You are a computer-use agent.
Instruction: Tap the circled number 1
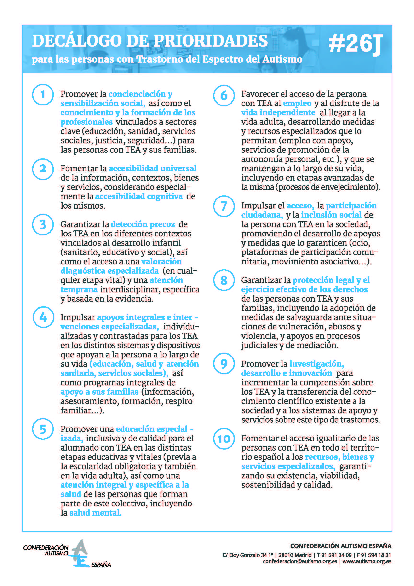pos(43,94)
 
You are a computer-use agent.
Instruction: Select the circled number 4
pos(43,317)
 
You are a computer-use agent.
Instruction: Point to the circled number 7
pos(224,206)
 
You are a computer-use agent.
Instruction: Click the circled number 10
pos(224,439)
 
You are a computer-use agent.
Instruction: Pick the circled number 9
pos(224,364)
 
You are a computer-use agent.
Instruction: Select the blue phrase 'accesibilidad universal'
pos(152,169)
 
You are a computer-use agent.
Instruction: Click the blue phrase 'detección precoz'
pos(143,224)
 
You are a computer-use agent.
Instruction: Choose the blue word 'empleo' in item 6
pos(297,103)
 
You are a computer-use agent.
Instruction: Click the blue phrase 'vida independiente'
pos(278,112)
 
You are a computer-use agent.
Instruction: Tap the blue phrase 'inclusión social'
pos(331,215)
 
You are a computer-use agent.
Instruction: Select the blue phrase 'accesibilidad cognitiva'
pos(139,196)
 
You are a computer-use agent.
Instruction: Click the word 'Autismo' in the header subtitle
pos(282,59)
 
